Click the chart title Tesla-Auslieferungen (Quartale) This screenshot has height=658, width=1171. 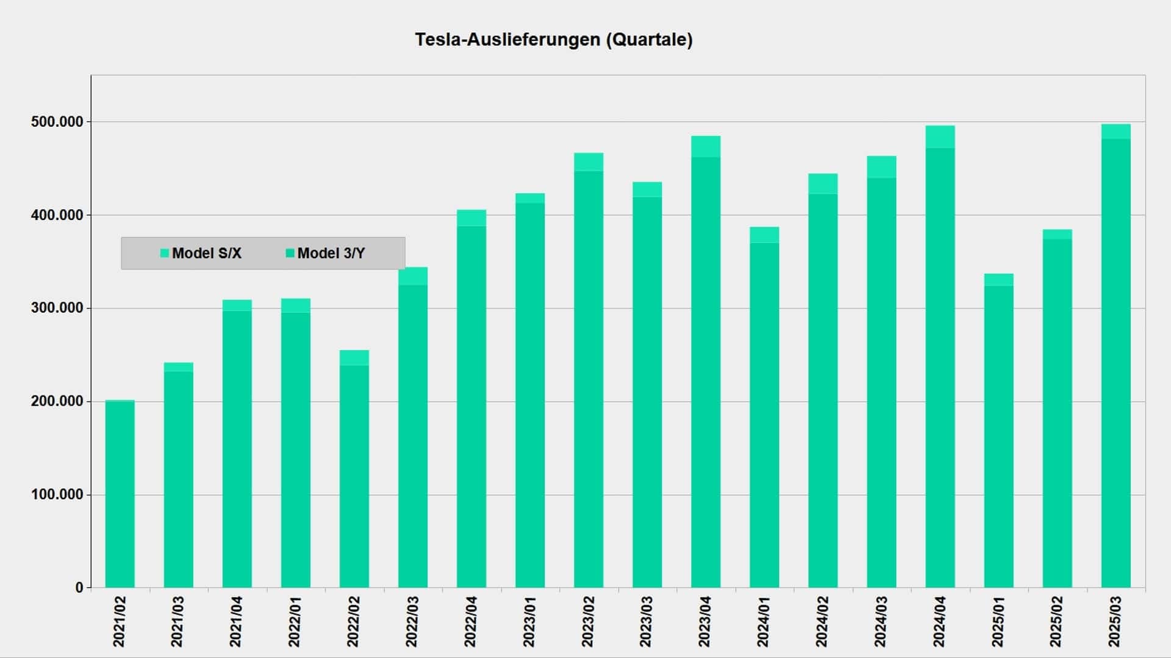click(554, 40)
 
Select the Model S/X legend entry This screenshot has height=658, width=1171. click(201, 253)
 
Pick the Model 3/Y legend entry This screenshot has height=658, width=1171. click(326, 253)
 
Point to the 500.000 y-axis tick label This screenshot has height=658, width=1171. click(57, 122)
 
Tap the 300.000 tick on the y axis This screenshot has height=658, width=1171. click(57, 308)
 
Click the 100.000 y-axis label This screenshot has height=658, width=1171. click(57, 495)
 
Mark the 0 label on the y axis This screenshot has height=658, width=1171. click(79, 588)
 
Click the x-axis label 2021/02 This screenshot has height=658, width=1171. click(120, 621)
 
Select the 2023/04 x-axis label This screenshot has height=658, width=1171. click(706, 621)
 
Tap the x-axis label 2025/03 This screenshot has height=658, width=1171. click(1115, 621)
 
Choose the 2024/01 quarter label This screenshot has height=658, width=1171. click(764, 621)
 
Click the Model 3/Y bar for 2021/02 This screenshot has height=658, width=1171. click(120, 493)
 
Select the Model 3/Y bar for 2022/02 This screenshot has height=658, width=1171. click(354, 475)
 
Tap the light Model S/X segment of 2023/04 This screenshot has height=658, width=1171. click(706, 147)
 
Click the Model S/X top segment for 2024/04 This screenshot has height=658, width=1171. click(940, 137)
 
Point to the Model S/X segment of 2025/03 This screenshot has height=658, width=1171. click(1115, 132)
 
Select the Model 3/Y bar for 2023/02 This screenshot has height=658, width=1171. click(589, 378)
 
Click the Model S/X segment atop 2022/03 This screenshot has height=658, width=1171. click(413, 276)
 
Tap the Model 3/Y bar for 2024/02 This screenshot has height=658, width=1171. click(823, 390)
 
